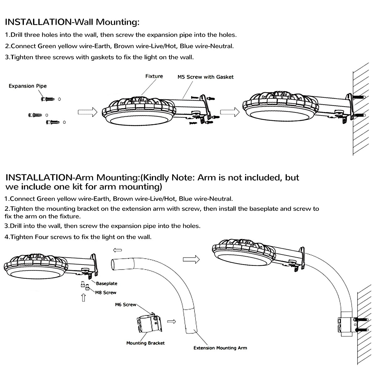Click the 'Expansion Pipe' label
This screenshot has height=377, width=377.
(x=27, y=86)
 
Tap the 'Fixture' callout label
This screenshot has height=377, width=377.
(x=154, y=76)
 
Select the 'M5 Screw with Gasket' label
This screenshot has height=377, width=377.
(x=205, y=77)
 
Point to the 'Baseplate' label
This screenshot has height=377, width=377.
(x=107, y=283)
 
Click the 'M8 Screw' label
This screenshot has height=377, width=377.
(x=106, y=292)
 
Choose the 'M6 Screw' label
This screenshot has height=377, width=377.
(x=126, y=304)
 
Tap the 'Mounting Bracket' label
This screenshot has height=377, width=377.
(x=145, y=343)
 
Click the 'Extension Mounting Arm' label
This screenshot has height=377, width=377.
(x=220, y=348)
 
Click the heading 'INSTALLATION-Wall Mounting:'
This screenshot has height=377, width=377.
(x=72, y=22)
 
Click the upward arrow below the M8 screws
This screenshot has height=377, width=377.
(x=84, y=298)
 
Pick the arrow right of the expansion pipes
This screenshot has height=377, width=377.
(x=87, y=112)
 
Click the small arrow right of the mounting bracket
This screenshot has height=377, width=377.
(x=172, y=322)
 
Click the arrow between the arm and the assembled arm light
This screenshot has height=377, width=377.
(x=191, y=259)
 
